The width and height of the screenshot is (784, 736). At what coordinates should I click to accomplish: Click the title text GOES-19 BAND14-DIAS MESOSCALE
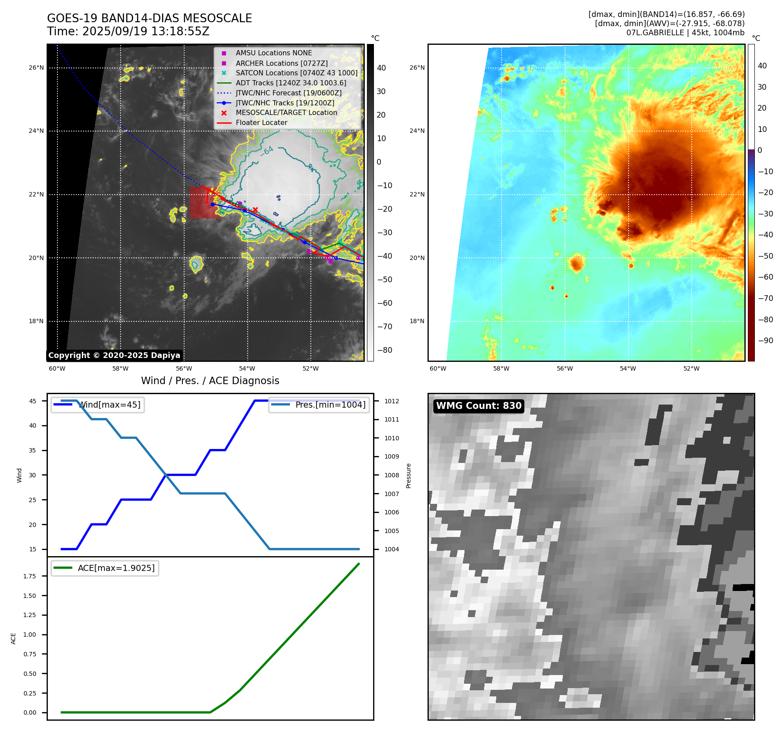149,18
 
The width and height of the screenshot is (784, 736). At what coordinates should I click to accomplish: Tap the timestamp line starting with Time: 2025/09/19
128,31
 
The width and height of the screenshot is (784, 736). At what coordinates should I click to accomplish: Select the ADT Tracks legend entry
291,83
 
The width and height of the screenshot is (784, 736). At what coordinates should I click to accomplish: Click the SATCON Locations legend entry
296,73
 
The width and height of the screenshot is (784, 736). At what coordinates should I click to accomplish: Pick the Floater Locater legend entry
261,122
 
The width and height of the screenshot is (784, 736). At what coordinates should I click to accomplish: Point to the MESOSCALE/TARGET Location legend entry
286,112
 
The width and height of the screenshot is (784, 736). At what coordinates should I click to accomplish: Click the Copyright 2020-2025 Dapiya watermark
114,355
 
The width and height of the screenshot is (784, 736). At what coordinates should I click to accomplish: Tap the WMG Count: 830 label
478,406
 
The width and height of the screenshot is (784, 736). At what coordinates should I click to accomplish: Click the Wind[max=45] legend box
98,405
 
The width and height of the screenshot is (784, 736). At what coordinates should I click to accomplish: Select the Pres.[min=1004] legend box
319,405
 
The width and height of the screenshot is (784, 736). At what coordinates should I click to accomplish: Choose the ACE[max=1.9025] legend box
105,568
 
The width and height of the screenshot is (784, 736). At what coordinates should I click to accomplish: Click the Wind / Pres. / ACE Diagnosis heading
210,381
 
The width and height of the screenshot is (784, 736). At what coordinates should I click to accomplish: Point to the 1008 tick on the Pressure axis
391,475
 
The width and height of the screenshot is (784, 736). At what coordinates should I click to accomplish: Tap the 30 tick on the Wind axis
33,475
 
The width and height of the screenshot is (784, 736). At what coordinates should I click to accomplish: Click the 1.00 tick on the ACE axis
30,635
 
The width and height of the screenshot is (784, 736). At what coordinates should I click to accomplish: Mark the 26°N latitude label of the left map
36,68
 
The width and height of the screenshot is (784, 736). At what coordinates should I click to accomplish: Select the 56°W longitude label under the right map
565,368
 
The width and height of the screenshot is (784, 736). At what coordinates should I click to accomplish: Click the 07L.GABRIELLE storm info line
685,33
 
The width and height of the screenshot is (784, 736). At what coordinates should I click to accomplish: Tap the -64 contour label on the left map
267,151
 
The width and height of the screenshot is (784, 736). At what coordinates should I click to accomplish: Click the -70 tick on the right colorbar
765,298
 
